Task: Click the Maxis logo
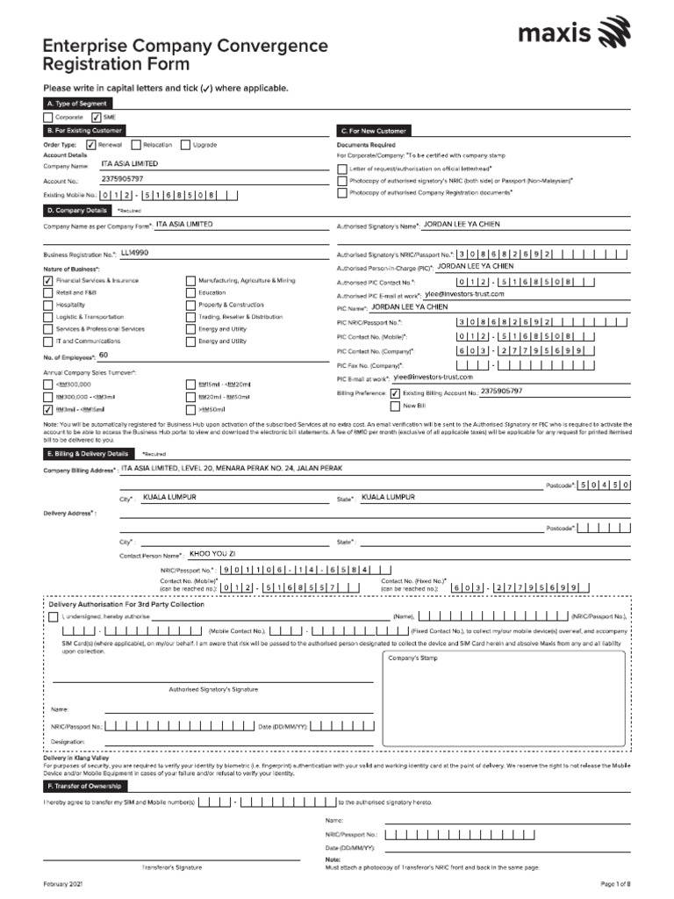(x=574, y=36)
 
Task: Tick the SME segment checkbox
(x=97, y=117)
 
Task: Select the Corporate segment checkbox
(x=47, y=117)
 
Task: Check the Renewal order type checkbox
(x=90, y=145)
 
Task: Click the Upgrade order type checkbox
(x=185, y=145)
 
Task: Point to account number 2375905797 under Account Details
(x=122, y=179)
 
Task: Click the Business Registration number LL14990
(x=134, y=253)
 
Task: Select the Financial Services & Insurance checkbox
(x=47, y=281)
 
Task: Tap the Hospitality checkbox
(x=47, y=305)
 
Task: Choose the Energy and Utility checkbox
(x=190, y=329)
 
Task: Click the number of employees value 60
(x=104, y=356)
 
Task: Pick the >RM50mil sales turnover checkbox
(x=190, y=409)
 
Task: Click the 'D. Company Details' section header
(x=77, y=211)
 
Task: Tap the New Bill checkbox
(x=395, y=406)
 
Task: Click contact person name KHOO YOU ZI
(x=212, y=554)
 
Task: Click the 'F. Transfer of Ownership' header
(x=83, y=786)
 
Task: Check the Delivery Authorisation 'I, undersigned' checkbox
(x=53, y=617)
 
